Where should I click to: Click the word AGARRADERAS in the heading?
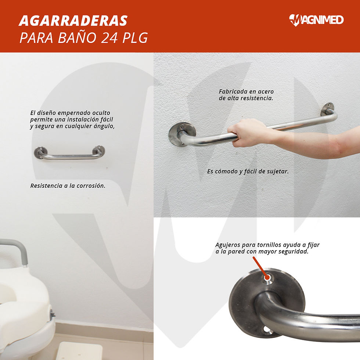(73, 21)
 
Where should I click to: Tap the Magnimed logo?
(316, 20)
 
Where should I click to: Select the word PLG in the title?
(135, 38)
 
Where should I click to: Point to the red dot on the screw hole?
(267, 278)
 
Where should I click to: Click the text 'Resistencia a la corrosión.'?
(68, 186)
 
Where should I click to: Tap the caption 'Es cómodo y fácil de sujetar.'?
(248, 172)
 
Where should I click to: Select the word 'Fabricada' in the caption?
(230, 91)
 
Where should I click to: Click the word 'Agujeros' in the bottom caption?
(227, 245)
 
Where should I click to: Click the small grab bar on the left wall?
(69, 153)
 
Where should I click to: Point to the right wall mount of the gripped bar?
(328, 109)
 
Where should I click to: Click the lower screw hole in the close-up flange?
(267, 330)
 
